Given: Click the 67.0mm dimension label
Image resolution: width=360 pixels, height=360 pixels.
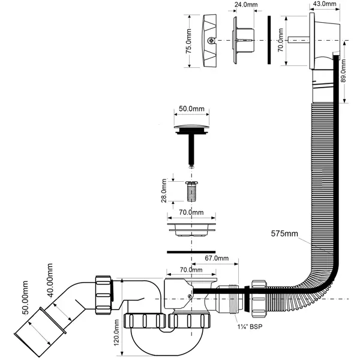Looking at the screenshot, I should pyautogui.click(x=217, y=259).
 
